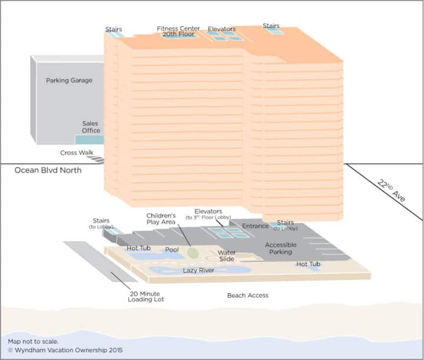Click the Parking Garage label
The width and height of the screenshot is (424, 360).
point(69,80)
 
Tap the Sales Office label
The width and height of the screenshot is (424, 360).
point(91,127)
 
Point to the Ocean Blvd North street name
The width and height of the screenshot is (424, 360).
point(48,170)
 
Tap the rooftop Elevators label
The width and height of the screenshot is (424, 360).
point(221,29)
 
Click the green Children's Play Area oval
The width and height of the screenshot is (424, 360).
point(194,252)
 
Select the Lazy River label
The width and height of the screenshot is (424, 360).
point(198,270)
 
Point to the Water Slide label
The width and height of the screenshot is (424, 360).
point(227,256)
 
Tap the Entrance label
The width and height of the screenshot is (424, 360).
point(256,226)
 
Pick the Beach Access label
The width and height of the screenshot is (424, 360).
point(248,295)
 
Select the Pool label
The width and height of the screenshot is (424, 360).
point(172,250)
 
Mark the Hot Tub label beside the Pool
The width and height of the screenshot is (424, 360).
point(139,248)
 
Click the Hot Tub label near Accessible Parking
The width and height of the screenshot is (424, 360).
point(308,264)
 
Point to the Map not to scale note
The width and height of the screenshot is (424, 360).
point(33,341)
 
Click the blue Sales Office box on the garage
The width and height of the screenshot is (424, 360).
point(89,140)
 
